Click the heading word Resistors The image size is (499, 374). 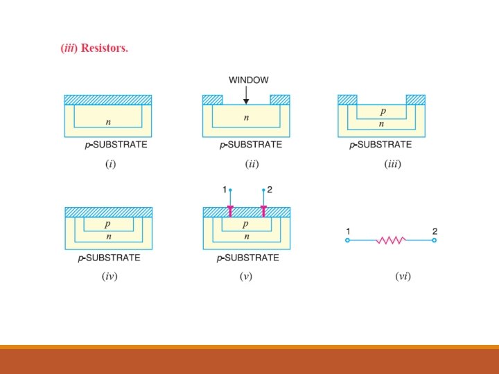[x=105, y=48]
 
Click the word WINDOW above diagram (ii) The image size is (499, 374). [x=248, y=80]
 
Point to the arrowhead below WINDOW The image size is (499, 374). [x=246, y=102]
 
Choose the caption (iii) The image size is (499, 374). [x=392, y=164]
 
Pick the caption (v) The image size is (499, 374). [x=245, y=276]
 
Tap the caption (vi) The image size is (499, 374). [x=403, y=276]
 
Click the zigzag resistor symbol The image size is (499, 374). [x=390, y=240]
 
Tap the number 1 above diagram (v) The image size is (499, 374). [x=225, y=189]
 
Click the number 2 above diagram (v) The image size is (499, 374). [x=270, y=189]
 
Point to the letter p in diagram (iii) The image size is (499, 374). [x=382, y=111]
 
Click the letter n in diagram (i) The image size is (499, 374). [x=107, y=122]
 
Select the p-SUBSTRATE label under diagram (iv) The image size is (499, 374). [x=109, y=258]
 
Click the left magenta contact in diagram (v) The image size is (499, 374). [x=230, y=211]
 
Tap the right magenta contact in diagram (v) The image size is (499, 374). [x=263, y=211]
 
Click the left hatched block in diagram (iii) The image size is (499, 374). [x=347, y=100]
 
